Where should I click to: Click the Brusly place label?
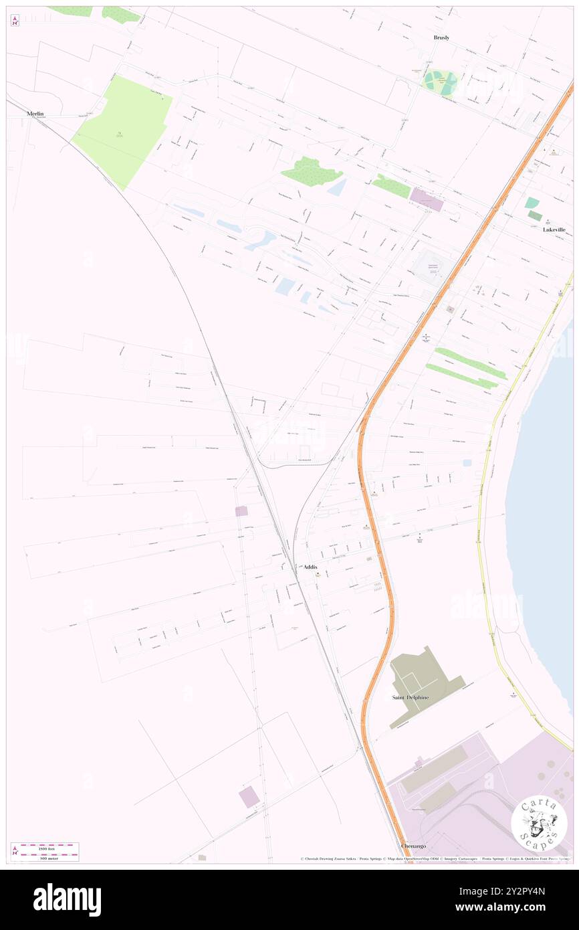[x=441, y=38]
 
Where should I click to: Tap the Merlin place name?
[x=35, y=114]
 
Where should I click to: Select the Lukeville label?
[x=554, y=229]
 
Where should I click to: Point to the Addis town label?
[x=310, y=567]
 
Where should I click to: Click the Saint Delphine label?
[x=410, y=697]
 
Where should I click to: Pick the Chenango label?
[x=413, y=846]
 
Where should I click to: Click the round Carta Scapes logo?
[x=539, y=823]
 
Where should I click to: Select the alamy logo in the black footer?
[x=67, y=899]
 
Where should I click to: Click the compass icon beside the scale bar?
[x=15, y=851]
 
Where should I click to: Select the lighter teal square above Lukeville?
[x=532, y=203]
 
